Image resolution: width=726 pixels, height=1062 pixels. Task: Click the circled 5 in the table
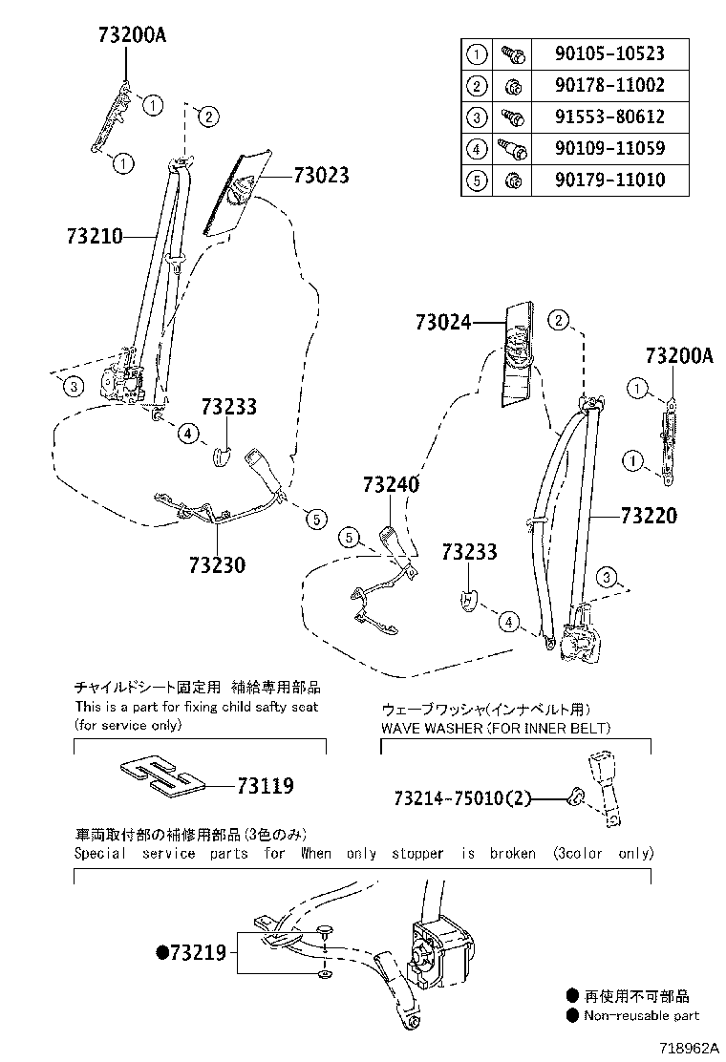click(x=476, y=180)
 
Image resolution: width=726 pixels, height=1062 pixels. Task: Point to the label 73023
click(x=321, y=176)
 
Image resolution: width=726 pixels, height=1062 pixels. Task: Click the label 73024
click(x=443, y=323)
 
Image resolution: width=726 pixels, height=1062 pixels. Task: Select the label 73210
click(x=96, y=236)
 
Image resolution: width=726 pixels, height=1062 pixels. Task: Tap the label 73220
click(x=649, y=517)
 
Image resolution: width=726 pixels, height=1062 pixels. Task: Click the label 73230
click(x=217, y=564)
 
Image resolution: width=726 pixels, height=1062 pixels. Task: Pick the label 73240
click(x=391, y=485)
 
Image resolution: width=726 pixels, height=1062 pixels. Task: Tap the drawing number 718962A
click(x=685, y=1048)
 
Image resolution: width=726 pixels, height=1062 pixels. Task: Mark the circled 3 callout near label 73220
click(x=605, y=576)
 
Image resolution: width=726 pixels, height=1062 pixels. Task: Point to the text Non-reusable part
click(x=641, y=1016)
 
